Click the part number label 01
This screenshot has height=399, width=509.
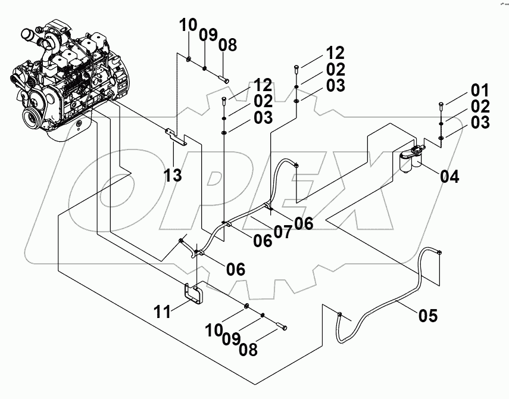click(480, 91)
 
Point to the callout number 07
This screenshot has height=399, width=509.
click(283, 232)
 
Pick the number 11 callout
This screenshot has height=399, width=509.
click(164, 310)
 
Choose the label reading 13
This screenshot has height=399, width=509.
click(174, 176)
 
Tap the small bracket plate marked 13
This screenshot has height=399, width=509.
click(177, 136)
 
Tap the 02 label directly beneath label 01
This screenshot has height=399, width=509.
click(480, 107)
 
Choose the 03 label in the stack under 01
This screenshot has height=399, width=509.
click(480, 123)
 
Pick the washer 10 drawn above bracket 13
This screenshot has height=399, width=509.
click(189, 59)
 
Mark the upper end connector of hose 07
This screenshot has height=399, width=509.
click(296, 165)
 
